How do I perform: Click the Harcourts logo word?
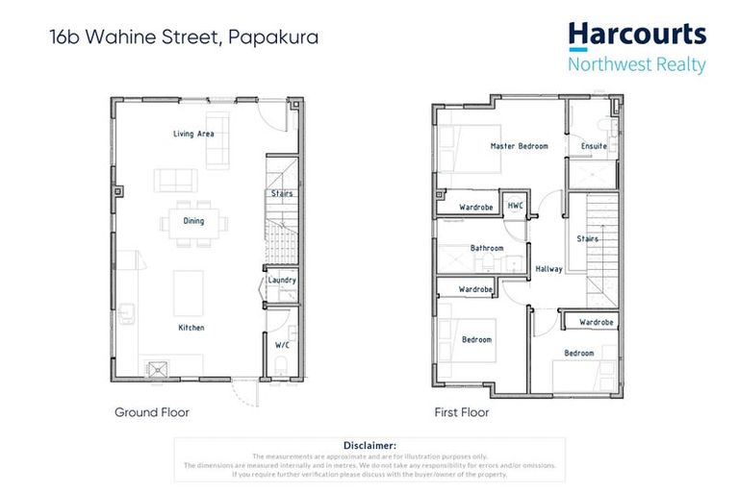click(x=636, y=36)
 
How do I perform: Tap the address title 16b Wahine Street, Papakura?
click(x=184, y=38)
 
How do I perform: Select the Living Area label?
click(x=193, y=134)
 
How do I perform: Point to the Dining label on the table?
click(x=194, y=221)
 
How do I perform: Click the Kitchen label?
click(x=191, y=328)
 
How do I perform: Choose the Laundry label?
click(x=282, y=281)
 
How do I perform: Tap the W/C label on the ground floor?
click(x=281, y=344)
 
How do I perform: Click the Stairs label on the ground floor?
click(x=282, y=193)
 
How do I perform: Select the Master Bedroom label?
click(x=519, y=146)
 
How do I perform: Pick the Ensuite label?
click(x=594, y=146)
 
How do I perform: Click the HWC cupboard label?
click(x=515, y=206)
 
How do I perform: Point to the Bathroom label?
click(x=487, y=248)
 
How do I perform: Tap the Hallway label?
click(x=548, y=269)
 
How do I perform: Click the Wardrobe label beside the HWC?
click(x=476, y=207)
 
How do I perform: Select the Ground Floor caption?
click(x=152, y=412)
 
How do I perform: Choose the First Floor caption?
click(x=462, y=412)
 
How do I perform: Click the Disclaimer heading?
click(x=369, y=445)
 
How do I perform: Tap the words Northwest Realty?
click(x=636, y=65)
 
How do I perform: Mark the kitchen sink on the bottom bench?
click(x=156, y=366)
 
